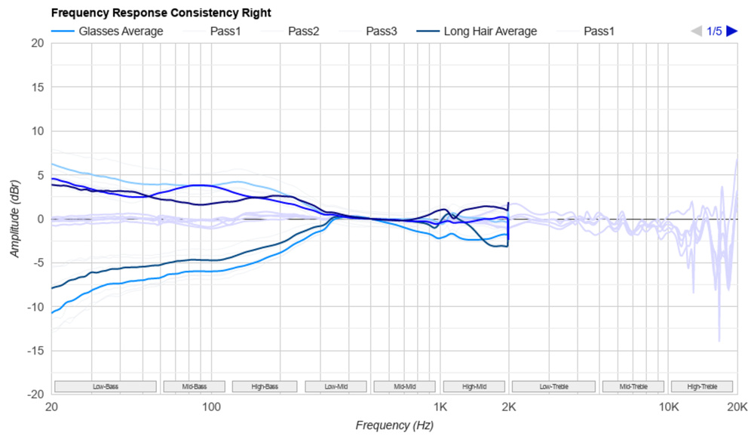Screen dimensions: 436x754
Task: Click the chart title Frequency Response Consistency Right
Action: pos(161,13)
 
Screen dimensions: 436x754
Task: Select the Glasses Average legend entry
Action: pos(121,31)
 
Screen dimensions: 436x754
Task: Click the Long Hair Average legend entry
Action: pos(490,31)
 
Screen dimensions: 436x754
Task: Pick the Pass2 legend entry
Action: pos(303,31)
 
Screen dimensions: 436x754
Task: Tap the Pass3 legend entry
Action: pos(382,31)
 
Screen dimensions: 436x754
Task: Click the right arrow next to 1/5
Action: pos(731,31)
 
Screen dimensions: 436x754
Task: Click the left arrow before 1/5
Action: pos(697,31)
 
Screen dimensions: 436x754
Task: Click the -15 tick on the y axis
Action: pos(35,351)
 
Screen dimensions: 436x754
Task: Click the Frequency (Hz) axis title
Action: pos(394,425)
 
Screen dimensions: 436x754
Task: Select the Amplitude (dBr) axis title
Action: pos(15,219)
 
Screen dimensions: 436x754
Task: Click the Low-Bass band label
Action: pos(106,386)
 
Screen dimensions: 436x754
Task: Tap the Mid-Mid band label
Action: pos(405,386)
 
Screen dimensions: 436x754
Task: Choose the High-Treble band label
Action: pos(702,386)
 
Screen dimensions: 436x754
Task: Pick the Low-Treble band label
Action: pos(554,386)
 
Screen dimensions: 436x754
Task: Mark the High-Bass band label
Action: pos(265,386)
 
